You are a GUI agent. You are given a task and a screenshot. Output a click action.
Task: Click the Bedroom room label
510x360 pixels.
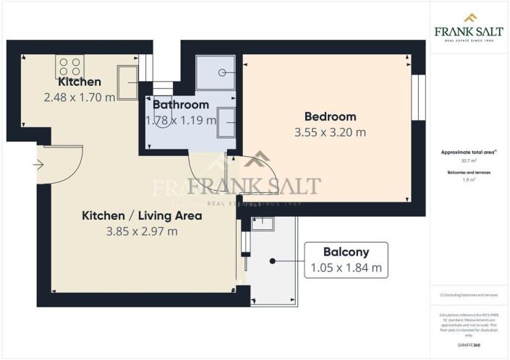330,116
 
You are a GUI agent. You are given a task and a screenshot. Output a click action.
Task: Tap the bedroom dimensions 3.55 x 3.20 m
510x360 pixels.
330,132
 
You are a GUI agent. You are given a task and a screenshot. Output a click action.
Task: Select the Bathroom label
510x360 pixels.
180,105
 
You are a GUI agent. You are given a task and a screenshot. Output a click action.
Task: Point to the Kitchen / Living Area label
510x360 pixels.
141,215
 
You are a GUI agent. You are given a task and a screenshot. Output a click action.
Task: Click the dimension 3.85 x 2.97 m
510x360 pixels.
141,231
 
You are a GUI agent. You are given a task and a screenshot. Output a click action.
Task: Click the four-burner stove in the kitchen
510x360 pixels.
69,68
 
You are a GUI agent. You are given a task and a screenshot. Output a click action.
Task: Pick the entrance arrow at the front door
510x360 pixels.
38,165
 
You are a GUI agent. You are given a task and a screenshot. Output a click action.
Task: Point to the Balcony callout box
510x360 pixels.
346,260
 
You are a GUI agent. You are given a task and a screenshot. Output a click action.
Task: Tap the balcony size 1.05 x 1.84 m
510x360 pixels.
346,269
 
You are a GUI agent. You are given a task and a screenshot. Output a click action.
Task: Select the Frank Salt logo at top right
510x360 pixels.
469,27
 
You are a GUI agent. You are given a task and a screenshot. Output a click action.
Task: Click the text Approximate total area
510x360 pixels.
467,153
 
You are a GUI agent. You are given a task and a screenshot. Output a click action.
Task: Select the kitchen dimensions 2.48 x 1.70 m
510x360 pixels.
80,97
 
